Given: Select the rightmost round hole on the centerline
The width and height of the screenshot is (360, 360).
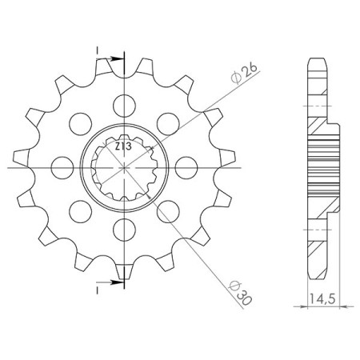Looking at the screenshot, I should [x=190, y=168].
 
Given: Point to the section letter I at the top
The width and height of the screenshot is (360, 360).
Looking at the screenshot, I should [x=98, y=50].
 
